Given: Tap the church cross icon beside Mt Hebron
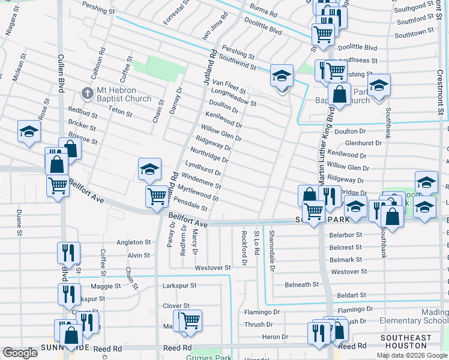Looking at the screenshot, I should tap(88, 94).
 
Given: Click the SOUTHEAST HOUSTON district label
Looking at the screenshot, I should tap(414, 342).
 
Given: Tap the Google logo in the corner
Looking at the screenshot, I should tap(20, 353).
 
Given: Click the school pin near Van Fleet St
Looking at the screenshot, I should tap(282, 76).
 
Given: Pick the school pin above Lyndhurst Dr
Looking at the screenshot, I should tap(149, 170).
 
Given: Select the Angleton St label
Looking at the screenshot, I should tap(133, 242).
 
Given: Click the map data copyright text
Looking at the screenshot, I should tap(412, 355).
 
